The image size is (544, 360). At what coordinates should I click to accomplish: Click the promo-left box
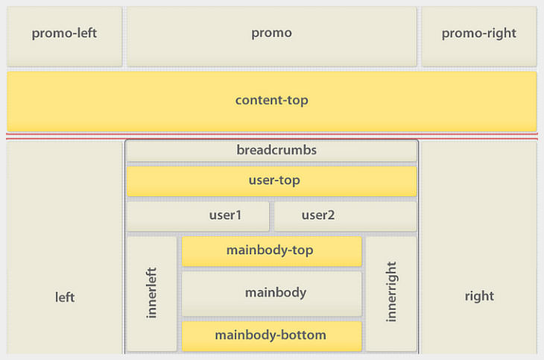tap(64, 36)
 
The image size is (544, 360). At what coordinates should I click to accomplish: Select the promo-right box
tap(478, 36)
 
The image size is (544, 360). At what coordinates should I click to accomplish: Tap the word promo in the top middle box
tap(271, 33)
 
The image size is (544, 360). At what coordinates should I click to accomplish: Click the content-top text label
tap(271, 100)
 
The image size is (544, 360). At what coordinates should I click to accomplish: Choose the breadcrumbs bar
tap(271, 151)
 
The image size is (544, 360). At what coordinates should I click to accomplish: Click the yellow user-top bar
tap(271, 181)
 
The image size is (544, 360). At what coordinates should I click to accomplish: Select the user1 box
tap(197, 216)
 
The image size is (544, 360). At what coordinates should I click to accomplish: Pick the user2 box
tap(345, 216)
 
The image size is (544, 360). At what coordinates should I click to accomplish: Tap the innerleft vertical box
tap(152, 294)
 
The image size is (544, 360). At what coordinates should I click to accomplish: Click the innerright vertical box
tap(391, 294)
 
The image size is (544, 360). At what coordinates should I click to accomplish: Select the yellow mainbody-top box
tap(271, 251)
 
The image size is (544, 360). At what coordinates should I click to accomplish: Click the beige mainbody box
tap(271, 293)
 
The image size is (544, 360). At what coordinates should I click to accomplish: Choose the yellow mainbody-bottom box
tap(271, 335)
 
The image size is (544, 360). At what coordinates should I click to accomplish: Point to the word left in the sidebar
tap(65, 297)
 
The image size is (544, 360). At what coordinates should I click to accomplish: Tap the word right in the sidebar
tap(478, 296)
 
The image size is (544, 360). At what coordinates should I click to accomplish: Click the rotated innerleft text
tap(152, 293)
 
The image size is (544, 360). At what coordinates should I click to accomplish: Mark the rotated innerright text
tap(391, 291)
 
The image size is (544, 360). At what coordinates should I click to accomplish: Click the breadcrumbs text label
tap(276, 150)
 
